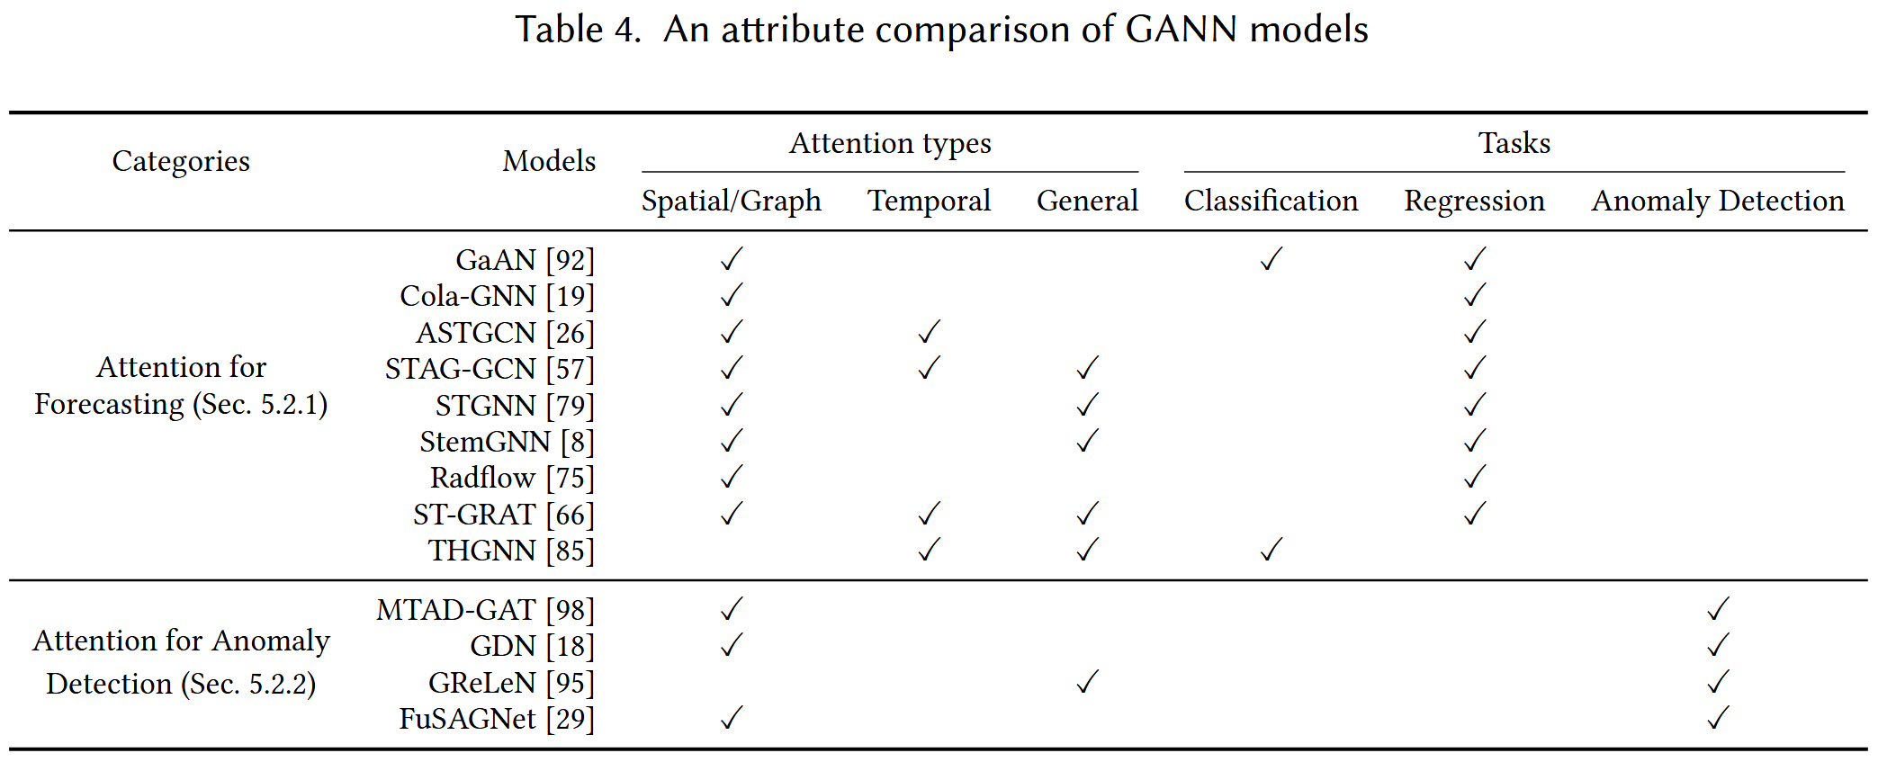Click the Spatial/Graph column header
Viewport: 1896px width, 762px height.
(731, 201)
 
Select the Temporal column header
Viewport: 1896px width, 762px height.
(929, 201)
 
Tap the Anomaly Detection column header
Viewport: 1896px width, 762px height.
(1718, 201)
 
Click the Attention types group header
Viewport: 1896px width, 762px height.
(890, 144)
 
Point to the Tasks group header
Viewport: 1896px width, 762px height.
(1514, 143)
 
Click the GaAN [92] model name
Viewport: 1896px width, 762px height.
(526, 260)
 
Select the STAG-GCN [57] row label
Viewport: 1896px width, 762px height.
(490, 369)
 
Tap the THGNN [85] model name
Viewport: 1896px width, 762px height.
(511, 551)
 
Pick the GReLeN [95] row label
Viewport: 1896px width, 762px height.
(511, 683)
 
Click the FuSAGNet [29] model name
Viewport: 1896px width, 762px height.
(497, 719)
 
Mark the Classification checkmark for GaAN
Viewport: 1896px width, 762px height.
(1271, 259)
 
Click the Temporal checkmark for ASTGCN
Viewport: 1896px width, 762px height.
(929, 332)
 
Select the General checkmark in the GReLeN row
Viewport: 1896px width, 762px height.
(1087, 682)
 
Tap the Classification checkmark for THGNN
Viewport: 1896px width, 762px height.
(1271, 550)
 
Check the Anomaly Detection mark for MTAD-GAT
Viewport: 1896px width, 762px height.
(1718, 609)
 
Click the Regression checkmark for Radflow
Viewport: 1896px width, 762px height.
(1474, 477)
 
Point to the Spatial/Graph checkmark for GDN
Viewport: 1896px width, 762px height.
(732, 645)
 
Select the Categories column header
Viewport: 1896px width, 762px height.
(181, 161)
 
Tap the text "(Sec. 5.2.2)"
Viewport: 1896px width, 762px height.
(248, 684)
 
